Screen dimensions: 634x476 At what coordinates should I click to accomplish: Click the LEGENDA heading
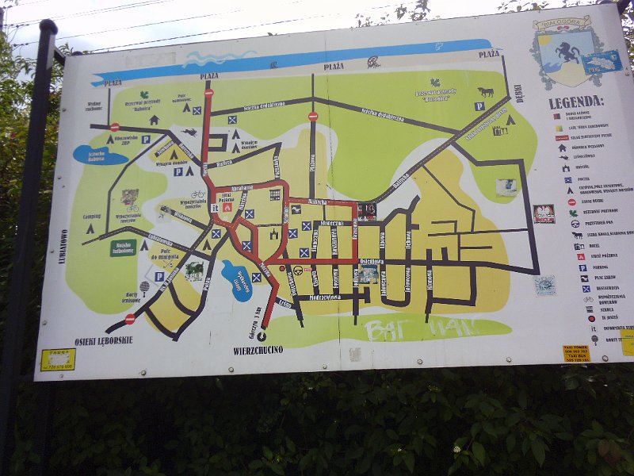(x=576, y=102)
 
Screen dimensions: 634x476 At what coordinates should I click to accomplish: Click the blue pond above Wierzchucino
(x=237, y=279)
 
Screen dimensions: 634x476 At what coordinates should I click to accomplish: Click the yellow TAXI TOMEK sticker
(x=576, y=352)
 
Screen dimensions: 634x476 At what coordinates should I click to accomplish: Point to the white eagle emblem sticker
(x=544, y=213)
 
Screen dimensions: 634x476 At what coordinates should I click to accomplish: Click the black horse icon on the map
(x=485, y=91)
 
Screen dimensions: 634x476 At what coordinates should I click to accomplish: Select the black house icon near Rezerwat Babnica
(x=154, y=120)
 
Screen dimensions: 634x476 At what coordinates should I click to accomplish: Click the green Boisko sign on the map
(x=123, y=248)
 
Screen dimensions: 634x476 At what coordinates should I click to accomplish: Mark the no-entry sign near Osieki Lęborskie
(x=130, y=319)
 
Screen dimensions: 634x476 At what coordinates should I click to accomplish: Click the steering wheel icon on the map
(x=298, y=270)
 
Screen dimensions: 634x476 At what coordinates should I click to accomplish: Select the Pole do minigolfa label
(x=167, y=255)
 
